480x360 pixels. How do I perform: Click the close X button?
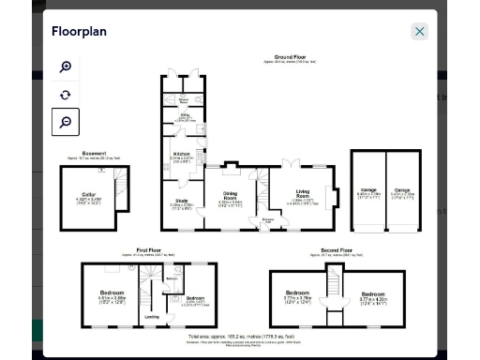(x=419, y=31)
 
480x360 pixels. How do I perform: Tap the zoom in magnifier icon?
(x=66, y=67)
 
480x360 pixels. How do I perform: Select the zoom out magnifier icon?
(x=66, y=122)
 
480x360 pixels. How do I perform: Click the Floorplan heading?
(x=80, y=31)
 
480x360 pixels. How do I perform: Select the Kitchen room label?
(x=183, y=154)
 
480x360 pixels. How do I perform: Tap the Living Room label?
(x=302, y=194)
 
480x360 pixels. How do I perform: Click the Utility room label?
(x=185, y=115)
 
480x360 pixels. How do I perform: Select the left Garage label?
(x=368, y=189)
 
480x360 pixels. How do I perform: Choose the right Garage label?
(x=401, y=189)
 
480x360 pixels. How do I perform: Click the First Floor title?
(x=148, y=250)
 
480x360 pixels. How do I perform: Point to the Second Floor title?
(x=335, y=250)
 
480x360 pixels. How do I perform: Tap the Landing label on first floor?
(x=151, y=316)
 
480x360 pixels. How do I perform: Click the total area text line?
(x=241, y=335)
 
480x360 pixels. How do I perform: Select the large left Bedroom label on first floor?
(x=112, y=293)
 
